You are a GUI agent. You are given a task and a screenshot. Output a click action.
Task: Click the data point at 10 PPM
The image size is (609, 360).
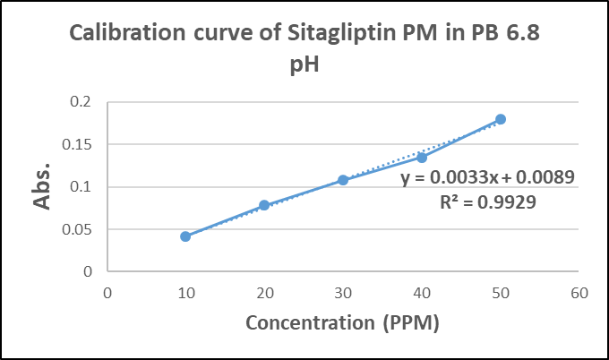185,236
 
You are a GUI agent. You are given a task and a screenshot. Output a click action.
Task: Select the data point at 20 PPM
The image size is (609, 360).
264,205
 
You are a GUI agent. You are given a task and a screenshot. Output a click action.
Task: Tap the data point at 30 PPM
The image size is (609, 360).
343,180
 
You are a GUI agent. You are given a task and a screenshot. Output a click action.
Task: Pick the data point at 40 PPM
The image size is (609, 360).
422,158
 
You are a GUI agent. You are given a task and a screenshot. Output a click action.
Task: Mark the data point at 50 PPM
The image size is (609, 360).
501,119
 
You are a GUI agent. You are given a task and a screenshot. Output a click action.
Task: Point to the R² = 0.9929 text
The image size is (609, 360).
487,201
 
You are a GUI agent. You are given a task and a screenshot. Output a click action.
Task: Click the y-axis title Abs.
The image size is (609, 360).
42,188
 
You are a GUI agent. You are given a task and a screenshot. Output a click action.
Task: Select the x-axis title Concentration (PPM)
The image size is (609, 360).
343,322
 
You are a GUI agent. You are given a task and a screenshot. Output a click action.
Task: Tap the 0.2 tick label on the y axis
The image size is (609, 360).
81,102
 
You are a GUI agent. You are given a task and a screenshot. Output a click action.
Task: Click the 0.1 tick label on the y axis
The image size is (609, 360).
81,187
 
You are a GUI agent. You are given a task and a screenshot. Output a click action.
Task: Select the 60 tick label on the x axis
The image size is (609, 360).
579,291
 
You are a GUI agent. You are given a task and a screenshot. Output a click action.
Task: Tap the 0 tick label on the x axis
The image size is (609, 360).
107,291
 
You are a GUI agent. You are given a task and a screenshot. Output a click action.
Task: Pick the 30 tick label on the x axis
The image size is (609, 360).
343,291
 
